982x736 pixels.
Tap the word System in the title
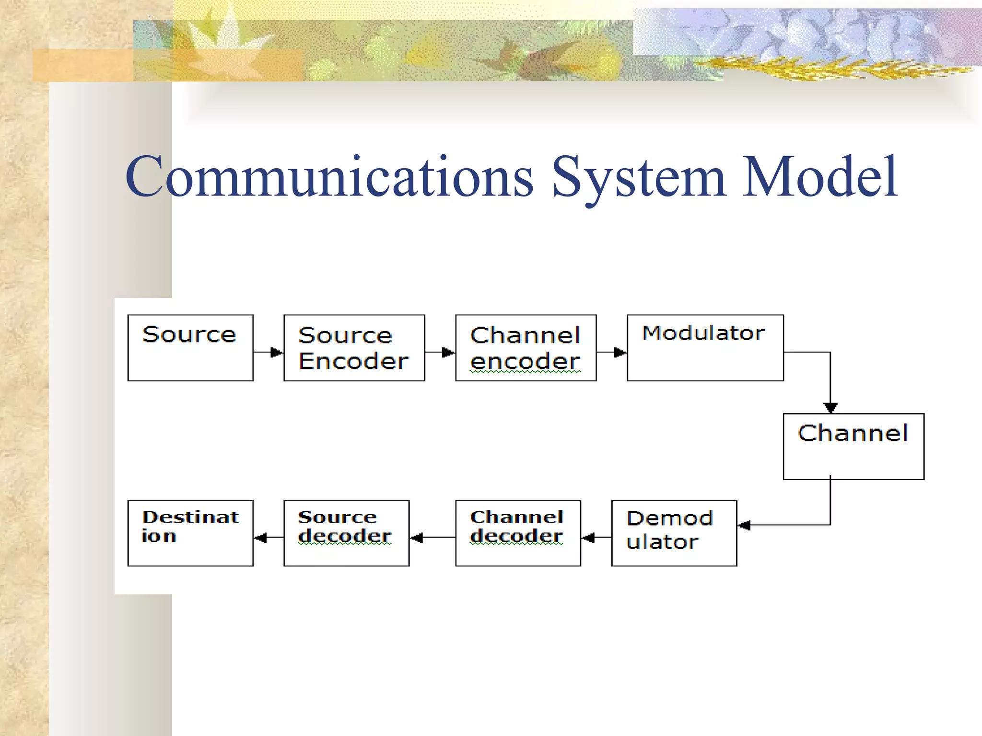[x=639, y=177]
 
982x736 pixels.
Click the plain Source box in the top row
[x=190, y=348]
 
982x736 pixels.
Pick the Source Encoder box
[x=354, y=348]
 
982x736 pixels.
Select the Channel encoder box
[x=526, y=348]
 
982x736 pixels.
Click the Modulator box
[x=705, y=348]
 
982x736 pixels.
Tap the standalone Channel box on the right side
[x=853, y=446]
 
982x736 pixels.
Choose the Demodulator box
[x=674, y=533]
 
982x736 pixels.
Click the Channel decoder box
[x=518, y=533]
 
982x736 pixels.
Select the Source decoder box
[x=346, y=533]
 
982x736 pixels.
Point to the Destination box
[x=190, y=533]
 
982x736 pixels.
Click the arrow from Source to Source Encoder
[x=269, y=353]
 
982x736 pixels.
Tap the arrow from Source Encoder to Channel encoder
[x=440, y=353]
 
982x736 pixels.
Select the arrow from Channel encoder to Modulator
[x=612, y=353]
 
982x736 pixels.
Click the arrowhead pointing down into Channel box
[x=830, y=407]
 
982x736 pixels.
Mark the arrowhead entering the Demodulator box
[x=744, y=526]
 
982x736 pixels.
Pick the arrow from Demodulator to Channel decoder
[x=596, y=538]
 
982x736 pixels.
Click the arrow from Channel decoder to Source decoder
[x=432, y=538]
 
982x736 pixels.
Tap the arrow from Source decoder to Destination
[x=268, y=538]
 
